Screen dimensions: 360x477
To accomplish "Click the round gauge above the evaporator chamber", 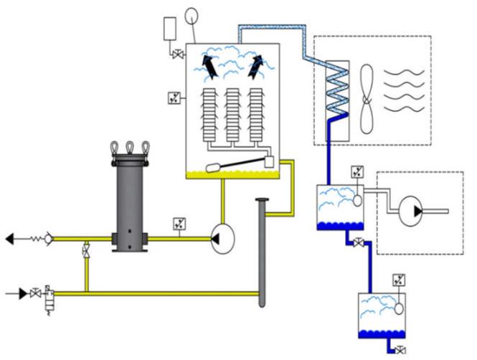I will (x=192, y=15).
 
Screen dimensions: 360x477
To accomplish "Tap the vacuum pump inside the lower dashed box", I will (x=412, y=210).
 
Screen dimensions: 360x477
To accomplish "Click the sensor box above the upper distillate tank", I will (x=357, y=173).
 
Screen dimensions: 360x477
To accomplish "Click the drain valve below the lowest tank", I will (x=400, y=350).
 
